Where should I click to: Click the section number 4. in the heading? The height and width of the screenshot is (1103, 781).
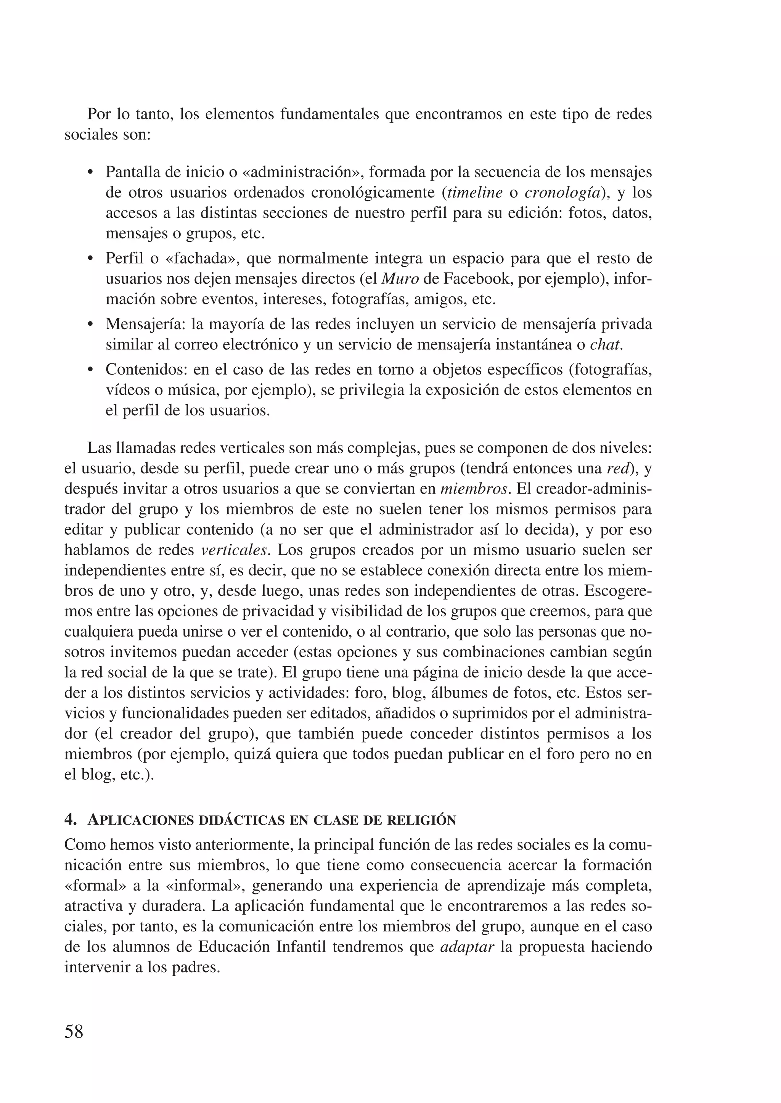tap(70, 820)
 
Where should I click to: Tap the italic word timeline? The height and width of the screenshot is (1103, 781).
tap(475, 193)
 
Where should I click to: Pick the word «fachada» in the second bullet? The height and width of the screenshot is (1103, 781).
tap(202, 259)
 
